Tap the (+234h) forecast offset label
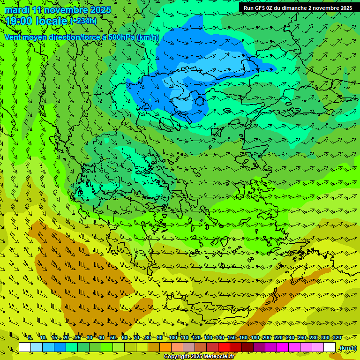(83, 21)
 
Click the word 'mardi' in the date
(16, 10)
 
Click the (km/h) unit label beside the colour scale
(347, 348)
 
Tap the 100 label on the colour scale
(172, 338)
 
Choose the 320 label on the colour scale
(337, 338)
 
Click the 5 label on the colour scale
(30, 338)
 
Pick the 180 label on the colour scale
(255, 338)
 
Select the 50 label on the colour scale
(113, 338)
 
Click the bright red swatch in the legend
(224, 347)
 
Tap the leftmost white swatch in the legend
(25, 347)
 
